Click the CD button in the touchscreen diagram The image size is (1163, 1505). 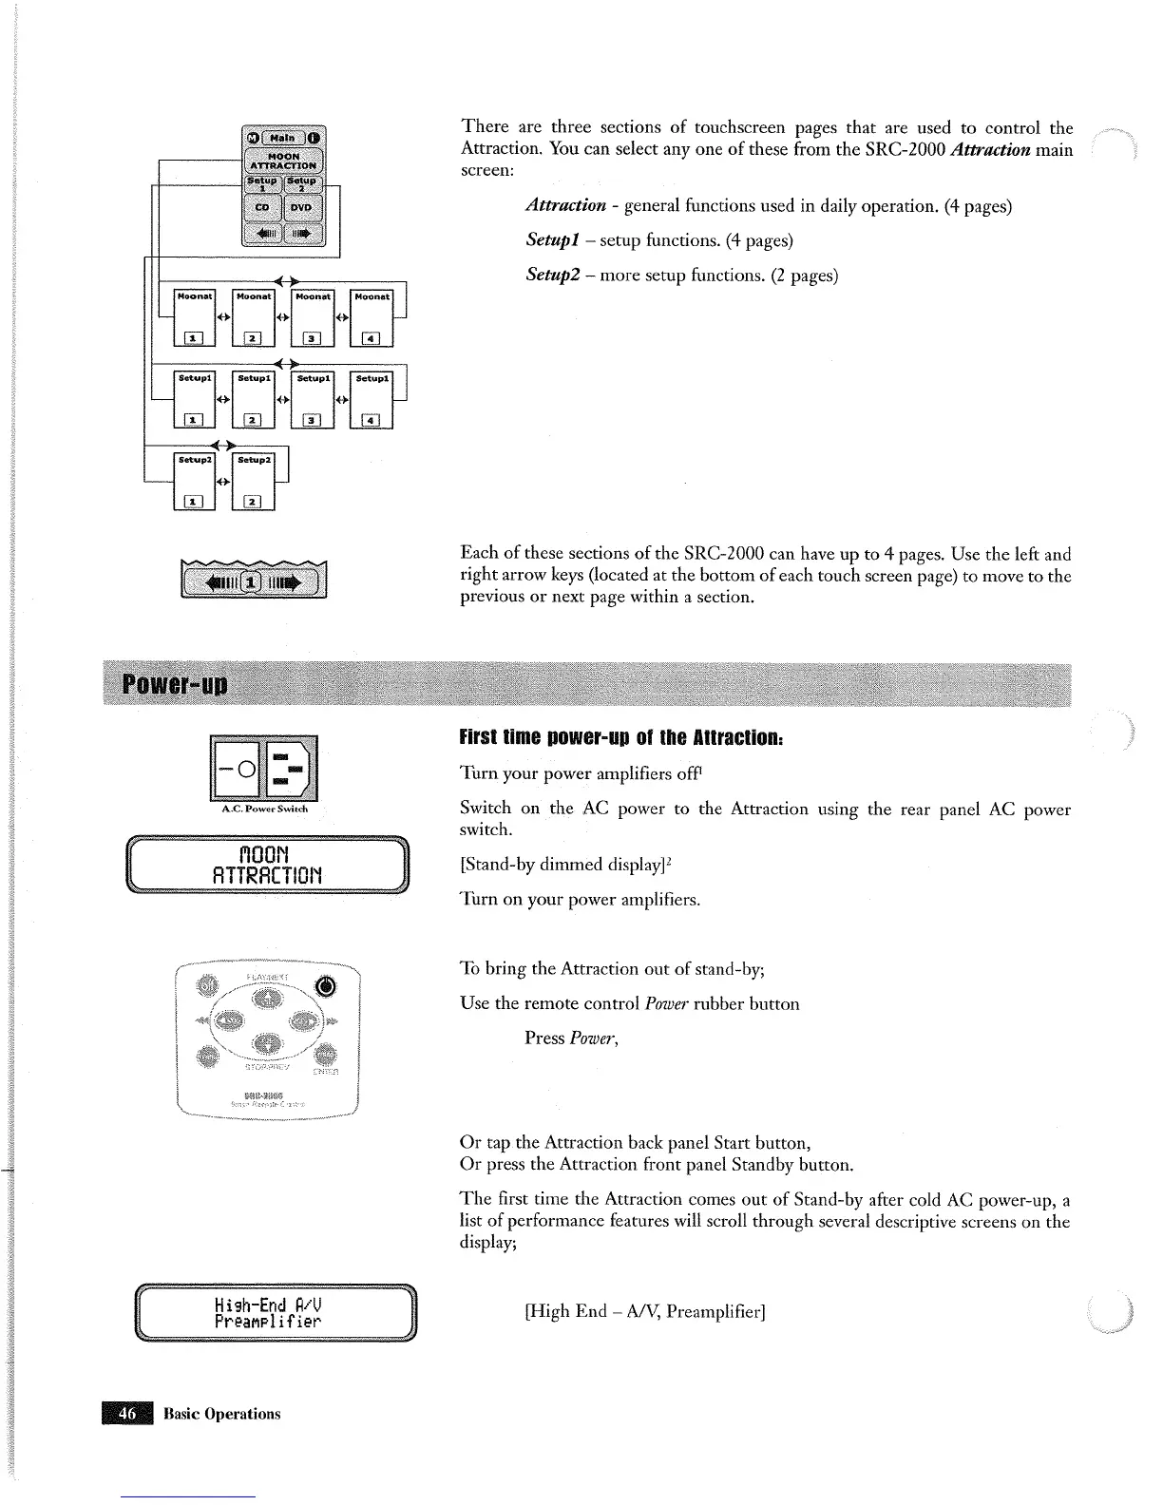coord(264,207)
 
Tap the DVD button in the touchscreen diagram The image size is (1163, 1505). coord(305,207)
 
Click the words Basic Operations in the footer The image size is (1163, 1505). coord(222,1414)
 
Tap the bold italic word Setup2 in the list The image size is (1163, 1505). coord(555,276)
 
